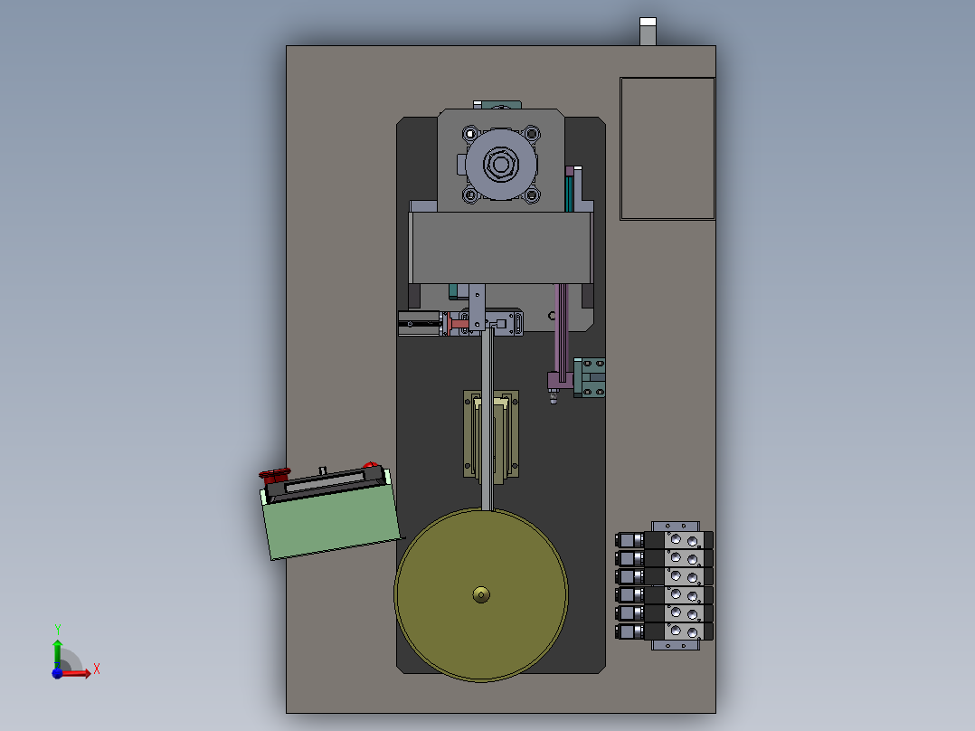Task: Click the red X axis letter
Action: click(x=97, y=669)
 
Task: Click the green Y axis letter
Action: click(x=58, y=629)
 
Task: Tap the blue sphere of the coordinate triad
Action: click(x=57, y=673)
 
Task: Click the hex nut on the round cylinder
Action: click(x=500, y=165)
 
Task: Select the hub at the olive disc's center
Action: click(x=481, y=594)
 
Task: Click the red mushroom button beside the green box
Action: click(x=273, y=475)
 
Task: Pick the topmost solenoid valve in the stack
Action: click(x=664, y=540)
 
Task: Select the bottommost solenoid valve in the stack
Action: click(x=664, y=631)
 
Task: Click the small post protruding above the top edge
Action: click(x=648, y=31)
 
